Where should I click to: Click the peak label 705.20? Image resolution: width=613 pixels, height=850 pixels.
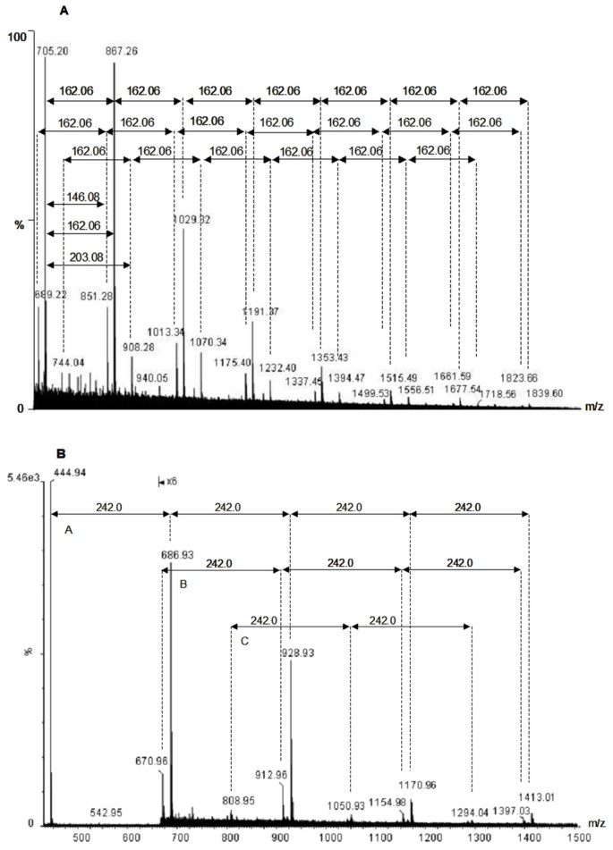click(52, 51)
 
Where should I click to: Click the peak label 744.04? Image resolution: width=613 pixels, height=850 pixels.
click(68, 362)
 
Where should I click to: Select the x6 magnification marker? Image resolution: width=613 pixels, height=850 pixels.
click(168, 481)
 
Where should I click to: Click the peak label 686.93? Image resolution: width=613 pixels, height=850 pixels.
click(178, 554)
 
